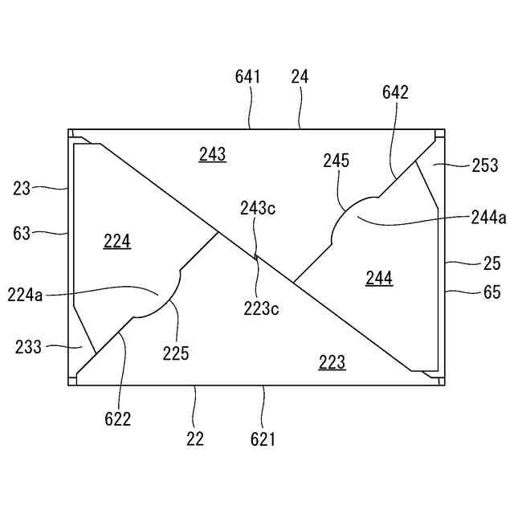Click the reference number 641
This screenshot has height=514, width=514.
click(248, 77)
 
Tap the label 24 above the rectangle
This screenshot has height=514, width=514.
click(300, 77)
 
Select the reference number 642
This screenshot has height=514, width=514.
click(395, 92)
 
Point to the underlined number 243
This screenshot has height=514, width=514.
click(212, 154)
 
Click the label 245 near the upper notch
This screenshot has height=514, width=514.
click(337, 161)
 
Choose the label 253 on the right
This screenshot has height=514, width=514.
click(485, 165)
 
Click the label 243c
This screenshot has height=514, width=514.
click(258, 209)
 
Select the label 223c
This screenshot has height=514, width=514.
click(262, 307)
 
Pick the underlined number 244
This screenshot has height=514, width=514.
click(378, 278)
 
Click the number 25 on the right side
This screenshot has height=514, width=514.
click(492, 263)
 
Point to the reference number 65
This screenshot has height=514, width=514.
click(492, 293)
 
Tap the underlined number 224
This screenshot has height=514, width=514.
click(117, 241)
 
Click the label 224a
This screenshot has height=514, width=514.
click(26, 295)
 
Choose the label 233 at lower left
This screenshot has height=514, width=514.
click(29, 348)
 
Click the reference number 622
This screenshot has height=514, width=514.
click(116, 418)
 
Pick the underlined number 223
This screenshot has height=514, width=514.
click(332, 363)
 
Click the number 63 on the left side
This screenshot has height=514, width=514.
click(22, 234)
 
